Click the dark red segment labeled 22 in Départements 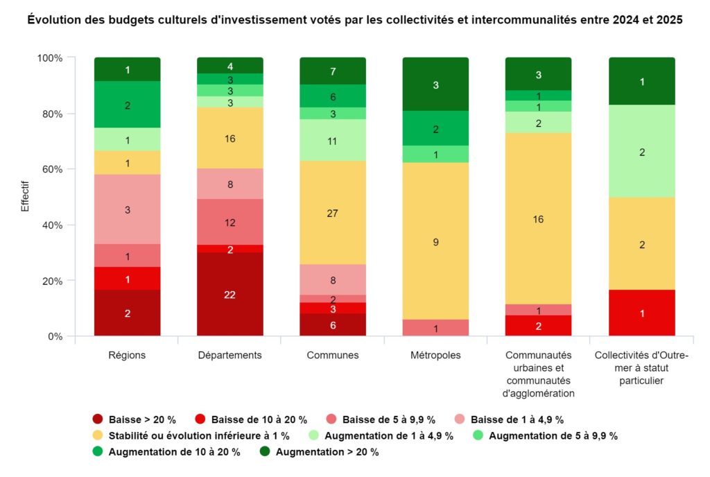(230, 294)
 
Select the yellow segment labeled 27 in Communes (332, 213)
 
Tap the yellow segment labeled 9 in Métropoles (435, 241)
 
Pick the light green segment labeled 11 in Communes (332, 140)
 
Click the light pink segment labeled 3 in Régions (128, 209)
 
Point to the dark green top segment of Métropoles (435, 85)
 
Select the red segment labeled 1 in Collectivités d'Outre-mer (642, 313)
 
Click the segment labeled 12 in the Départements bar (230, 223)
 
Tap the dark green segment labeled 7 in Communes (332, 71)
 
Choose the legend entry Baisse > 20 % (135, 419)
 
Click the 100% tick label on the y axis (49, 58)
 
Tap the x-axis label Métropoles (435, 356)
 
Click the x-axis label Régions (128, 356)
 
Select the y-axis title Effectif (26, 196)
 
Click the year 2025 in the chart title (670, 21)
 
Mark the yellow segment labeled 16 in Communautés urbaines (537, 219)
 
